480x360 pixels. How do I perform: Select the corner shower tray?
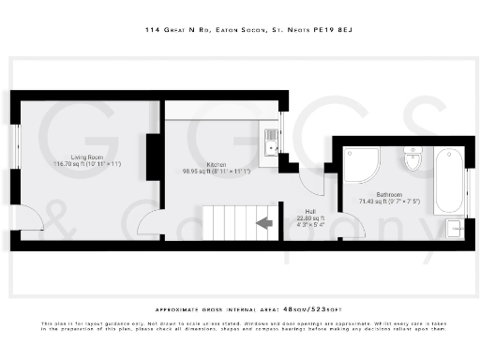[x=359, y=165]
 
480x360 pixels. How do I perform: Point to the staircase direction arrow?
[x=264, y=222]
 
